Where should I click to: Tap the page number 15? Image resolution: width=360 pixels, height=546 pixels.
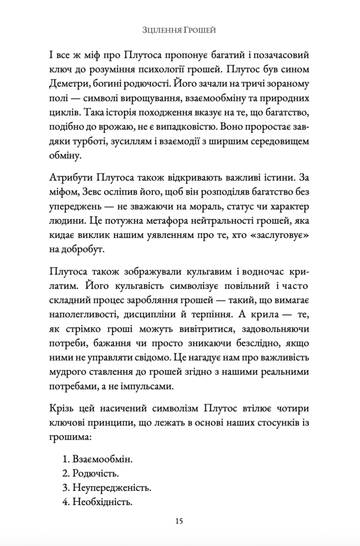(180, 521)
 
